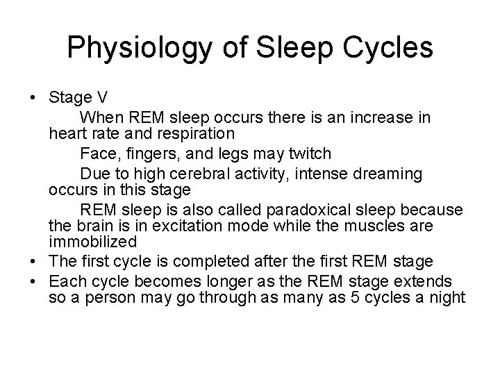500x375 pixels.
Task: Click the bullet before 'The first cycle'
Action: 34,262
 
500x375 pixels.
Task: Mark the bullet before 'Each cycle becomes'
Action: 34,281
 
